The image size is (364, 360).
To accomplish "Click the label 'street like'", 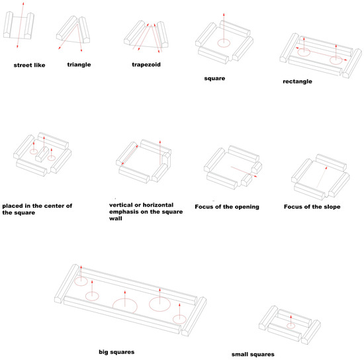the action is [x=29, y=66].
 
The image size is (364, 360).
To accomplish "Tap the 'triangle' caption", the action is [x=79, y=65].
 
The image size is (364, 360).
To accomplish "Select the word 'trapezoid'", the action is [x=146, y=65].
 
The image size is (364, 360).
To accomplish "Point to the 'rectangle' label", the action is [x=297, y=81].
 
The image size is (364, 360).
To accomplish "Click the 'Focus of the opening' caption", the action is [x=227, y=207].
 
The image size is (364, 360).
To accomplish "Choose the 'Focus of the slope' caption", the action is [x=312, y=207].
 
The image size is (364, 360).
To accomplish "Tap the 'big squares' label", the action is [x=116, y=352].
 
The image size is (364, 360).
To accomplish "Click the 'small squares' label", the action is [x=253, y=355].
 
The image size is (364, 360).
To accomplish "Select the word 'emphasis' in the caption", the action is [x=122, y=212].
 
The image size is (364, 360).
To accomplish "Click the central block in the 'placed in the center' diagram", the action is [x=42, y=154].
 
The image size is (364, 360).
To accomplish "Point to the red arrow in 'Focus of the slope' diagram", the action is [x=322, y=177].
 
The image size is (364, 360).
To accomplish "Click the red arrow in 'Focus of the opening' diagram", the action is [x=244, y=172].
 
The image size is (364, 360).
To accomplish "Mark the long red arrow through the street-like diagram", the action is [x=21, y=25].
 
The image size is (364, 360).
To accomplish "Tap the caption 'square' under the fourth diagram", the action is [x=214, y=79].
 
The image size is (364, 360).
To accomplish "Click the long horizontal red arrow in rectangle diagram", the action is [x=321, y=54].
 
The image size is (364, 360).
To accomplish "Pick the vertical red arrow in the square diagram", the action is [x=224, y=28].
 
